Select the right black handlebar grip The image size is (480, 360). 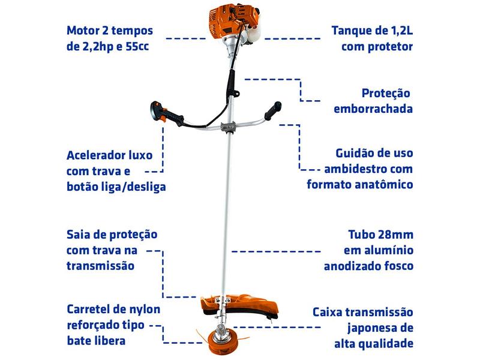pos(273,111)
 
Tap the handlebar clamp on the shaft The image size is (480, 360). pos(229,127)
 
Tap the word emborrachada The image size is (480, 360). pos(373,109)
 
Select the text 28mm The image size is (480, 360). pos(396,235)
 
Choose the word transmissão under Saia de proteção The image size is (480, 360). pos(100,265)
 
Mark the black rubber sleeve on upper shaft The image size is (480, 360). pos(231,82)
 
